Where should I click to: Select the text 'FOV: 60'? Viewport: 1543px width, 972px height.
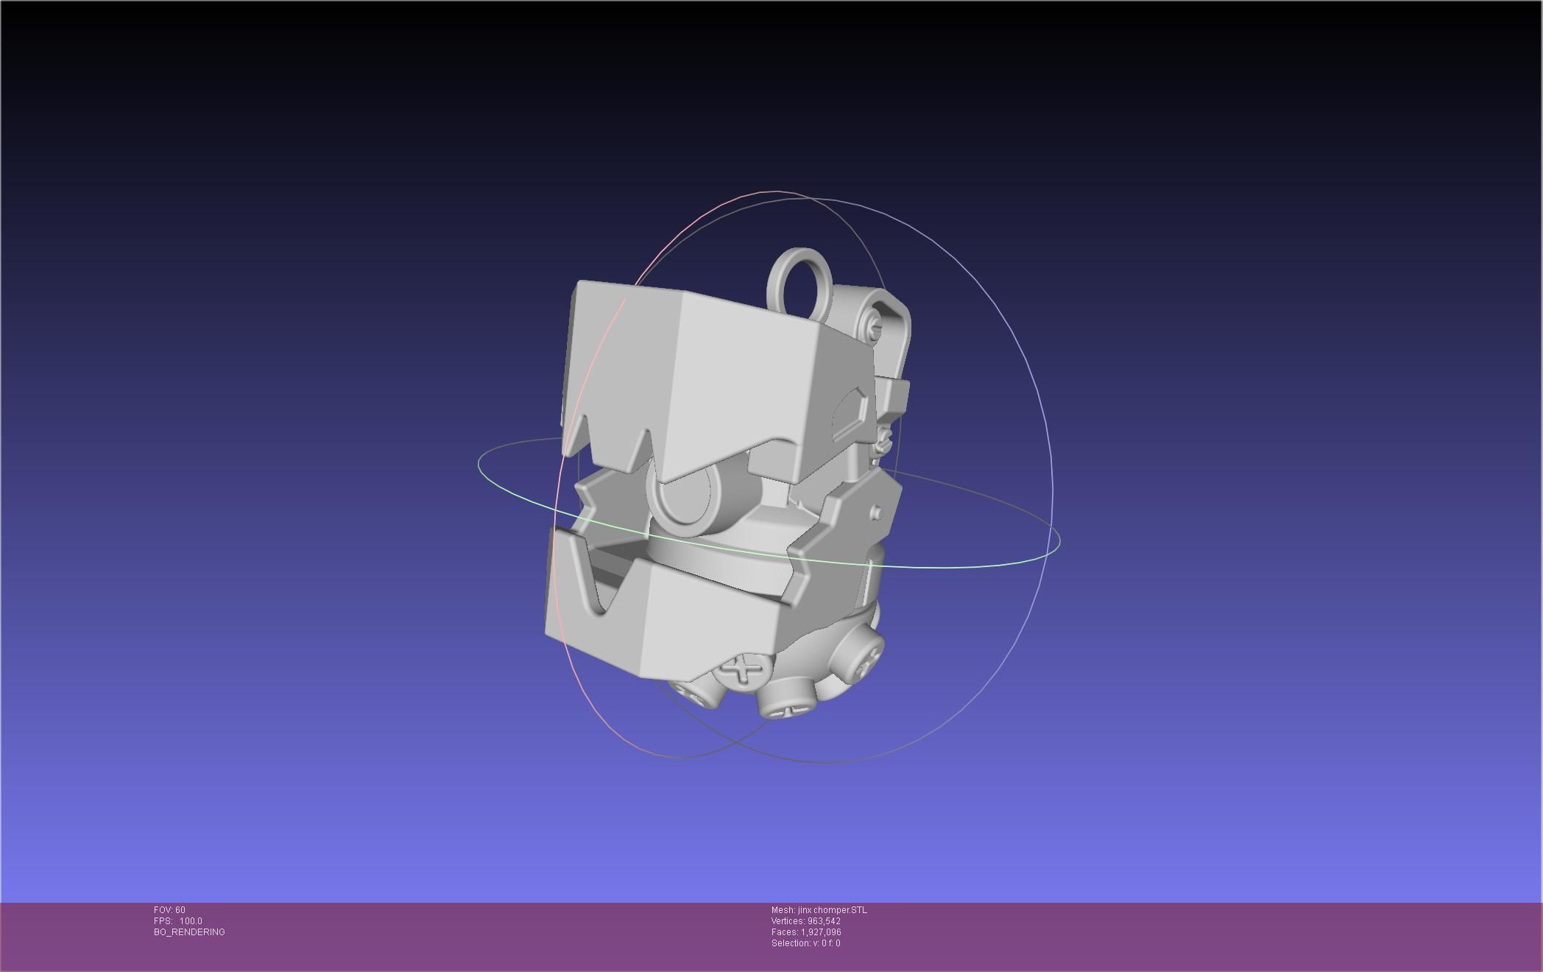tap(169, 910)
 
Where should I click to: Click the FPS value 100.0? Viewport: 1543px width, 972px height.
tap(191, 921)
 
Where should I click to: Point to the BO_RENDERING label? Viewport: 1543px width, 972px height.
tap(189, 932)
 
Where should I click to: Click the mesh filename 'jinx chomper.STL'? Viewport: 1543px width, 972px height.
tap(832, 910)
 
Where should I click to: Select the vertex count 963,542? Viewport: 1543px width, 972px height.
tap(824, 921)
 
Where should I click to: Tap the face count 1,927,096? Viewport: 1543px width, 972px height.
tap(821, 932)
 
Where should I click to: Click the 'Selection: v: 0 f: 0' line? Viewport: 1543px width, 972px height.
tap(805, 943)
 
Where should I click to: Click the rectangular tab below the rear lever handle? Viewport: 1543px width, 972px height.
tap(894, 397)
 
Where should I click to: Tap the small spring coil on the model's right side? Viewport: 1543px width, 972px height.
tap(886, 442)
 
